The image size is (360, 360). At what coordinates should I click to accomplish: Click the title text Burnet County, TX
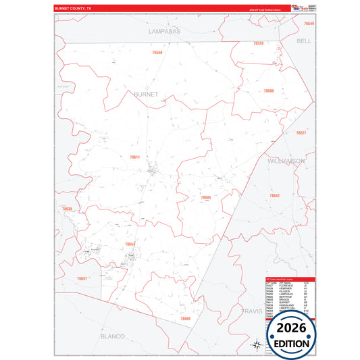[x=76, y=9]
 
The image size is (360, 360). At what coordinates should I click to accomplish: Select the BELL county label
[x=304, y=41]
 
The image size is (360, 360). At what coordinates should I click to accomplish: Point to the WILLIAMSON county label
[x=286, y=162]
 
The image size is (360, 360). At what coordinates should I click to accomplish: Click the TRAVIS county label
[x=251, y=311]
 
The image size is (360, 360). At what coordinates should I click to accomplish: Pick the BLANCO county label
[x=112, y=336]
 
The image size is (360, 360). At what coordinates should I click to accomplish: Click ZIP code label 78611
[x=134, y=157]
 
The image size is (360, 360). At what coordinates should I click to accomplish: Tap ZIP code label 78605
[x=206, y=197]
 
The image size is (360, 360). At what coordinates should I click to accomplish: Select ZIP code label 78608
[x=269, y=91]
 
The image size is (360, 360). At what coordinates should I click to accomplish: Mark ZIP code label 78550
[x=157, y=52]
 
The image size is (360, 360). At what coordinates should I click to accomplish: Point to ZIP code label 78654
[x=130, y=244]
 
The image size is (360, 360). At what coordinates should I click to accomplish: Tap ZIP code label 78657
[x=82, y=278]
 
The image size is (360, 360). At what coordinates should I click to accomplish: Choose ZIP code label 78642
[x=274, y=195]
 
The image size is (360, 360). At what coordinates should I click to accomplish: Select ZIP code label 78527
[x=301, y=133]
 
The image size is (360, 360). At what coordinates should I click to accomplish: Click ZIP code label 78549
[x=309, y=24]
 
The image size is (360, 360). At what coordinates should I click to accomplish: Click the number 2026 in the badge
[x=291, y=328]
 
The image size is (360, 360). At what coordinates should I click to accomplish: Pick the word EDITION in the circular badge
[x=291, y=343]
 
